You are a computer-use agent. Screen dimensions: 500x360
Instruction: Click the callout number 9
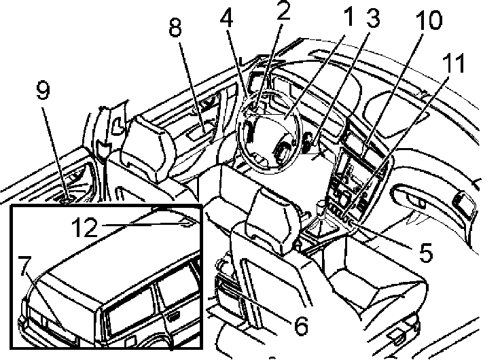pos(43,90)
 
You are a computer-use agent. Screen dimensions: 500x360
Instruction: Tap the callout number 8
pos(175,26)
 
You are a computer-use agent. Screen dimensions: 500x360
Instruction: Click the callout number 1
pos(349,16)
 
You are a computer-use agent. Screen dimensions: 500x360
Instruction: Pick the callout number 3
pos(373,18)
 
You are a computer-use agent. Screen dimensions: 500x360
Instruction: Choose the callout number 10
pos(429,20)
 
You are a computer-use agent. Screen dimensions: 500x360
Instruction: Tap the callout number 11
pos(453,63)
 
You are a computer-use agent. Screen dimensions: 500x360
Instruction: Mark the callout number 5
pos(426,252)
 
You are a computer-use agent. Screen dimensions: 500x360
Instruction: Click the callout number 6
pos(301,325)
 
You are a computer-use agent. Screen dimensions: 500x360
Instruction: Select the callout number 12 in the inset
pos(84,227)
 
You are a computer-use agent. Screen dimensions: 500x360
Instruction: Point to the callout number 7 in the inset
pos(24,266)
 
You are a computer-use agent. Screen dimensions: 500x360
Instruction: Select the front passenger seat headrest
pos(274,221)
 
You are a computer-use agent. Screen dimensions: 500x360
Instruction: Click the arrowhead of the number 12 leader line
pos(188,224)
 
